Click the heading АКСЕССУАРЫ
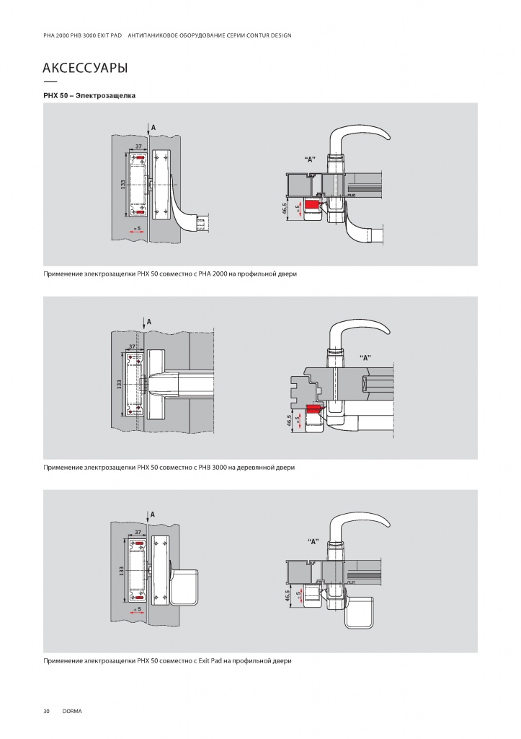[x=85, y=68]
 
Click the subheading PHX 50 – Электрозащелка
[x=89, y=96]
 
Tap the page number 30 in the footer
[x=47, y=711]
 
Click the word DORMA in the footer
[x=72, y=711]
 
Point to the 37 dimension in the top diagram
[x=138, y=147]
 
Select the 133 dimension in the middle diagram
[x=119, y=385]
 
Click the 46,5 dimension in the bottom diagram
[x=287, y=595]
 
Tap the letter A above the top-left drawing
[x=153, y=127]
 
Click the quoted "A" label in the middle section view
[x=365, y=358]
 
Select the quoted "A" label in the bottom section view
[x=313, y=541]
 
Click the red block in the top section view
[x=312, y=204]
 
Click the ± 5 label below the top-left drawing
[x=137, y=228]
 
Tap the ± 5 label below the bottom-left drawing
[x=137, y=609]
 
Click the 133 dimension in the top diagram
[x=123, y=185]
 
